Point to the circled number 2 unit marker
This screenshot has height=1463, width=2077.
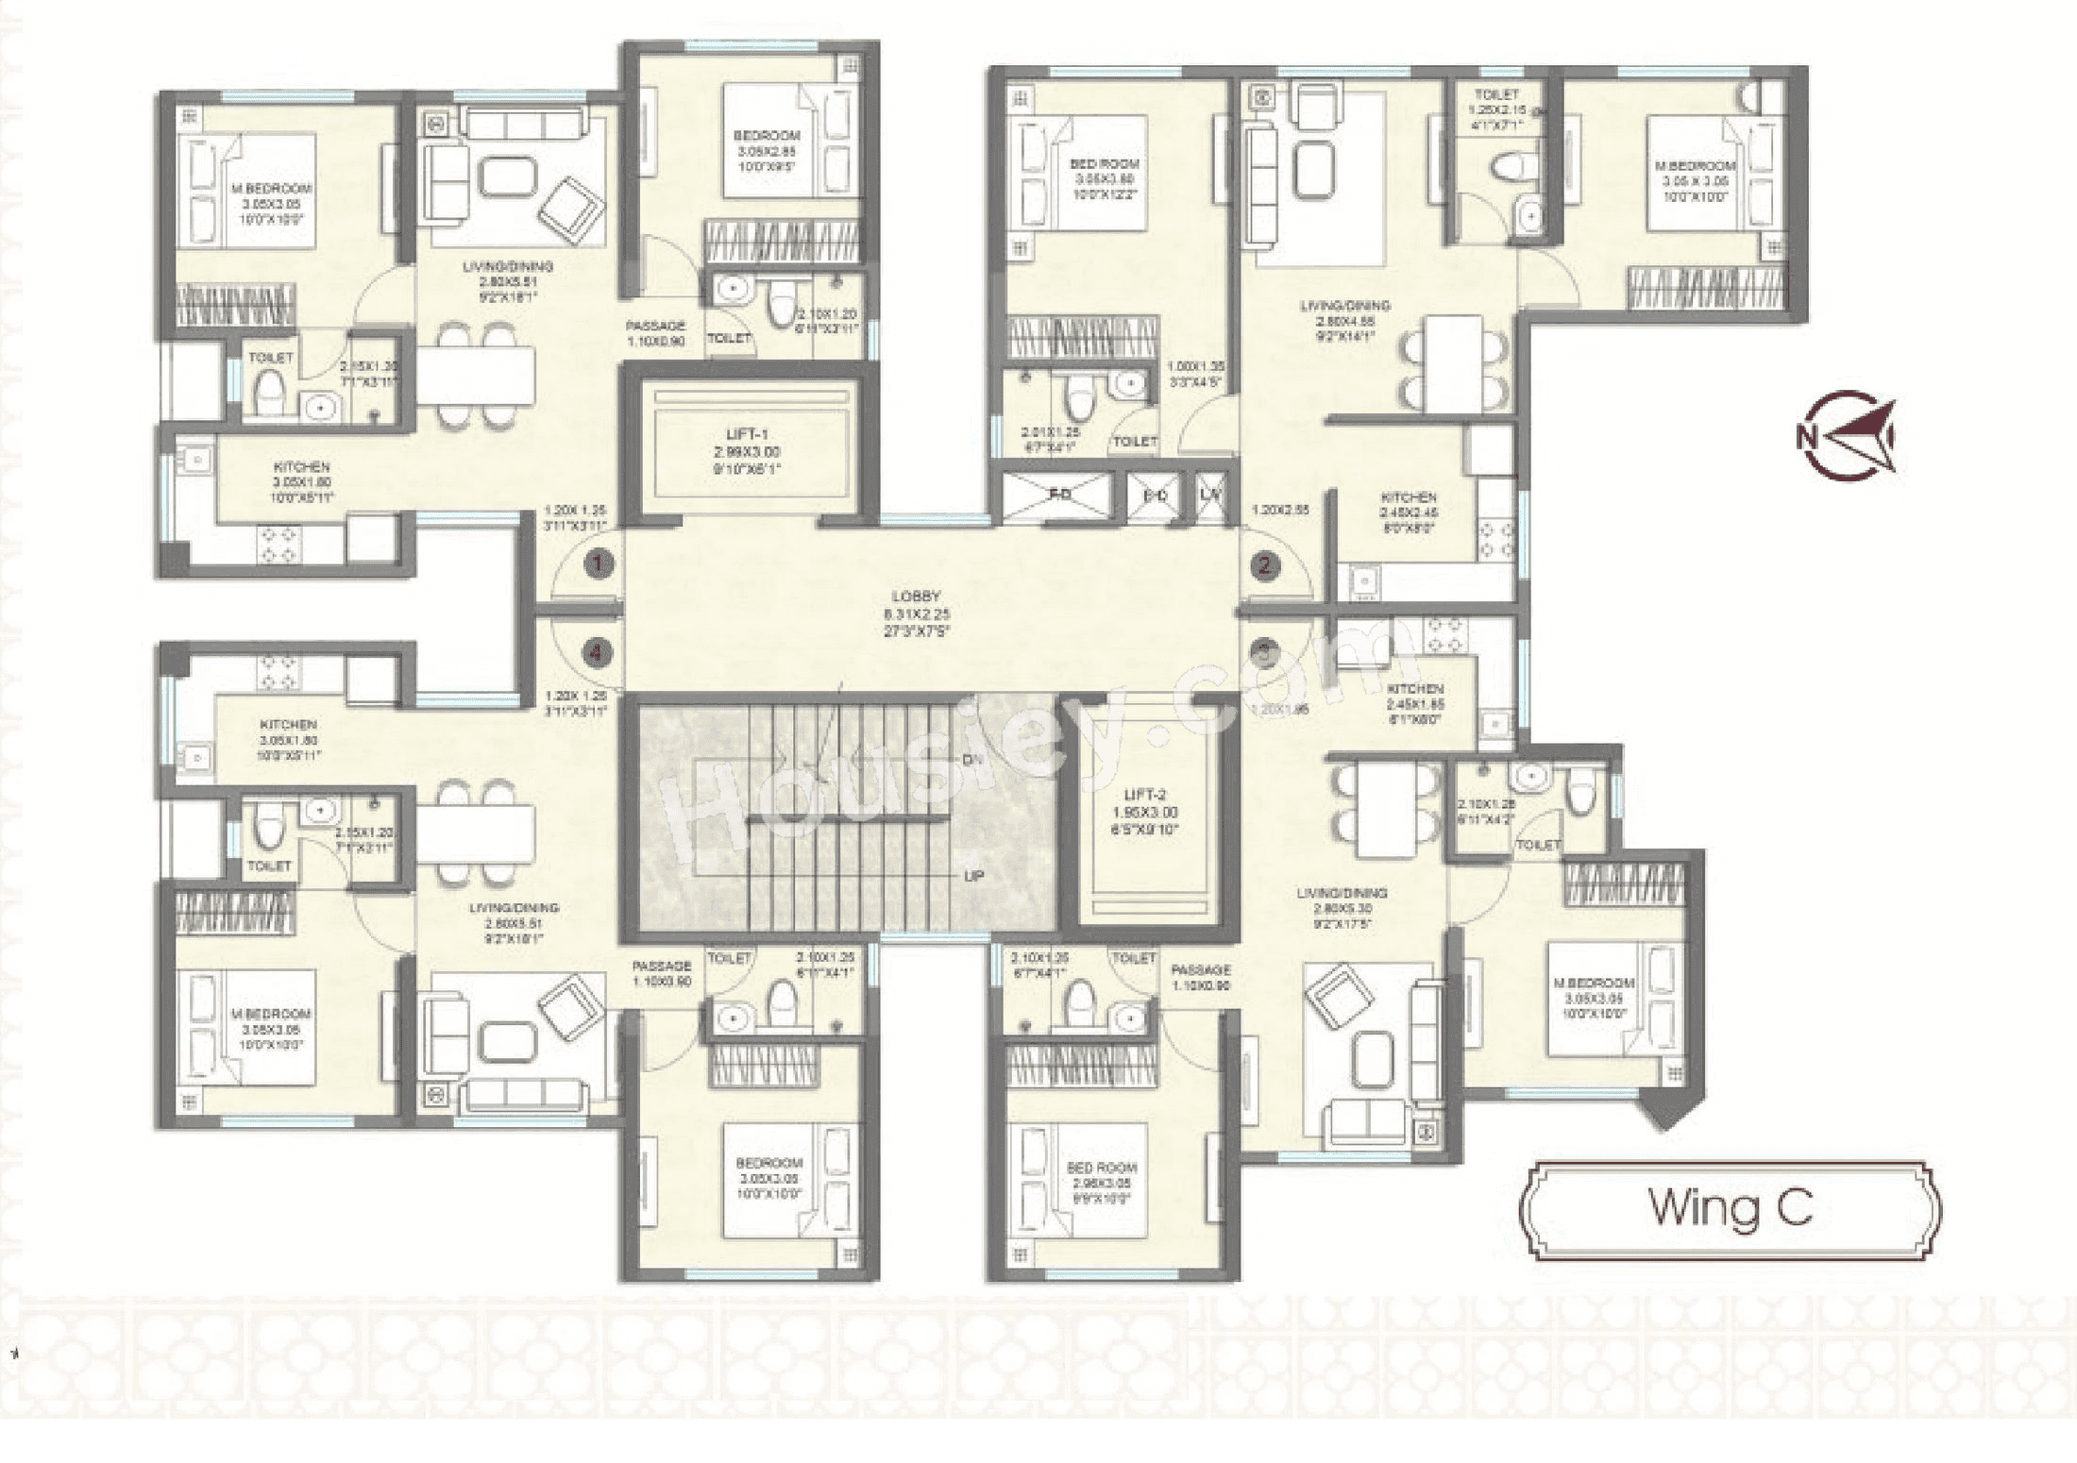click(x=1264, y=565)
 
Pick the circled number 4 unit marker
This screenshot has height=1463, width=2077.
click(x=597, y=652)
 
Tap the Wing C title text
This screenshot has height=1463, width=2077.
click(x=1730, y=1207)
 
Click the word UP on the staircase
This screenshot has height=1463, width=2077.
click(x=974, y=876)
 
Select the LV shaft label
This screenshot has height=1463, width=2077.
click(x=1209, y=495)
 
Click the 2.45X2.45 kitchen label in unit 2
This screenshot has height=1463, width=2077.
click(x=1409, y=513)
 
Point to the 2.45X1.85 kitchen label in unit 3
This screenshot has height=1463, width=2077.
click(x=1415, y=704)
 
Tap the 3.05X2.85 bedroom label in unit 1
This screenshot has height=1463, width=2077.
click(x=768, y=151)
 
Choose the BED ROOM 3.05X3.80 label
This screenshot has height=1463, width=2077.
click(x=1104, y=178)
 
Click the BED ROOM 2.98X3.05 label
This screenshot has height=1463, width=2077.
click(x=1102, y=1183)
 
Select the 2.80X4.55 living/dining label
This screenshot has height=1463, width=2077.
click(x=1344, y=321)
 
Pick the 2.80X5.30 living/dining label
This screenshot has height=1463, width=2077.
click(x=1342, y=908)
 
